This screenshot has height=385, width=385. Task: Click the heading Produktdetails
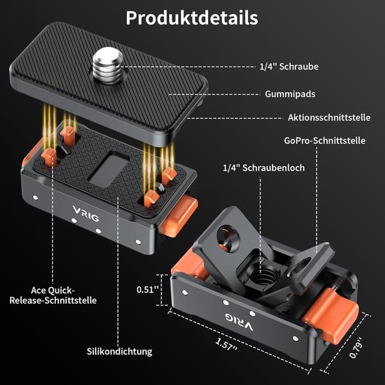pyautogui.click(x=192, y=17)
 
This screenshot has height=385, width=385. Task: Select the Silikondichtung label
pyautogui.click(x=119, y=351)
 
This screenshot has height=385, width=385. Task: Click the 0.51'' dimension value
pyautogui.click(x=147, y=289)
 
